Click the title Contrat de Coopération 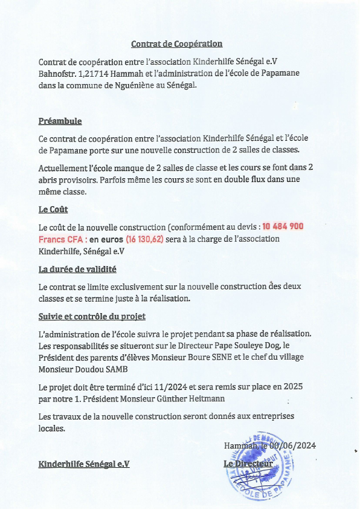[x=177, y=44]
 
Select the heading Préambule [x=60, y=121]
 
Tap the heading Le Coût [x=53, y=210]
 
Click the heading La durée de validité [x=77, y=269]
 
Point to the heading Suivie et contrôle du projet [x=92, y=316]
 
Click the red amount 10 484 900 [x=283, y=227]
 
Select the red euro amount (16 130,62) [x=144, y=239]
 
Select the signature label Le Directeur [x=248, y=464]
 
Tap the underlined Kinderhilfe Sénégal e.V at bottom [x=84, y=464]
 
